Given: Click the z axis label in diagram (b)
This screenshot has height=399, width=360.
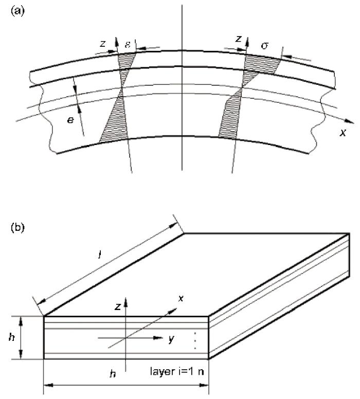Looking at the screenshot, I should pyautogui.click(x=118, y=307).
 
